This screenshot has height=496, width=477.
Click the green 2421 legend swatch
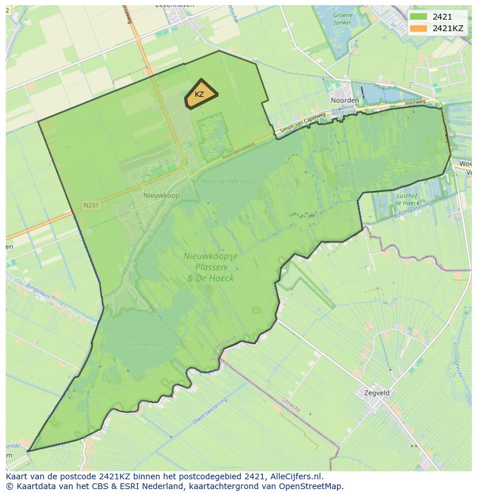coord(419,17)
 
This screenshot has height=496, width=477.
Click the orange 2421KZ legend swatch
coord(419,28)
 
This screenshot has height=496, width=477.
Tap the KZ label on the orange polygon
coord(199,94)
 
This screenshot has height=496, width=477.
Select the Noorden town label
coord(344,100)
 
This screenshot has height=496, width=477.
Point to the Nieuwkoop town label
coord(161,196)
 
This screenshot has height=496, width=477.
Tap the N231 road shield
coord(91,205)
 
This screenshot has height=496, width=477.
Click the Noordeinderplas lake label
coord(228,181)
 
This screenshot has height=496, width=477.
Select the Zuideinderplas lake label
coord(143,344)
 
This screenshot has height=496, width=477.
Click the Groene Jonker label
coord(342,19)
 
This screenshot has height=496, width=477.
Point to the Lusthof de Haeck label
coord(407,199)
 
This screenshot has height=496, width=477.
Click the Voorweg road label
coord(415,103)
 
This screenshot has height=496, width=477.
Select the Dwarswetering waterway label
coord(210,411)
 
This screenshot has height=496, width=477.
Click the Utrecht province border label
coord(291,404)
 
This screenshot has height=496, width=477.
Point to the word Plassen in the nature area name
coord(210,267)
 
